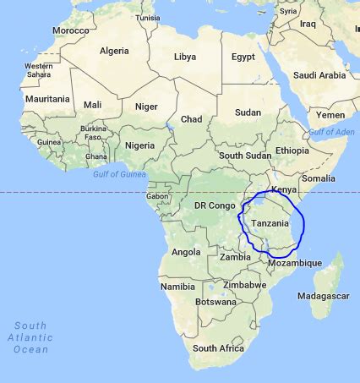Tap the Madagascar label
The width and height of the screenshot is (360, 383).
[x=324, y=296]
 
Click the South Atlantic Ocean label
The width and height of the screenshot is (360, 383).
[x=30, y=336]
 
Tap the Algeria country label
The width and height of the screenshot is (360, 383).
[x=114, y=51]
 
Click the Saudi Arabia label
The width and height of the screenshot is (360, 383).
[x=319, y=75]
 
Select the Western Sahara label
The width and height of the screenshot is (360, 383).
[x=38, y=70]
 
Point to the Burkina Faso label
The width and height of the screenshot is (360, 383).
[x=93, y=133]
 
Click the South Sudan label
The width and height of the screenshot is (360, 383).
[x=244, y=156]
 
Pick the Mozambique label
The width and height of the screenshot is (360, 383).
[x=294, y=263]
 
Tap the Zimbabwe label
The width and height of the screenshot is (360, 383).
[x=244, y=285]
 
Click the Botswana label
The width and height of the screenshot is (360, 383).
[x=215, y=302]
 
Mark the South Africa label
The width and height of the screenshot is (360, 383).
[x=218, y=347]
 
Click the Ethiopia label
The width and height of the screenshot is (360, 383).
[x=292, y=150]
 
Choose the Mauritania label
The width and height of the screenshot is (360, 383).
[x=46, y=99]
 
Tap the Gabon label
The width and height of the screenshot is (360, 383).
[x=157, y=196]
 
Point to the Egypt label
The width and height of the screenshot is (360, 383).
[x=243, y=57]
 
